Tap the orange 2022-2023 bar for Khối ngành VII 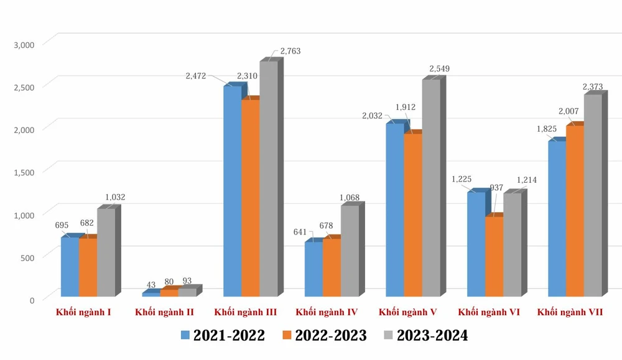(x=575, y=211)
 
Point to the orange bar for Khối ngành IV (x=332, y=267)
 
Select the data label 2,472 (x=197, y=76)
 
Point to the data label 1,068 (x=349, y=198)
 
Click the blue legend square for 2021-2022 (x=185, y=336)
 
